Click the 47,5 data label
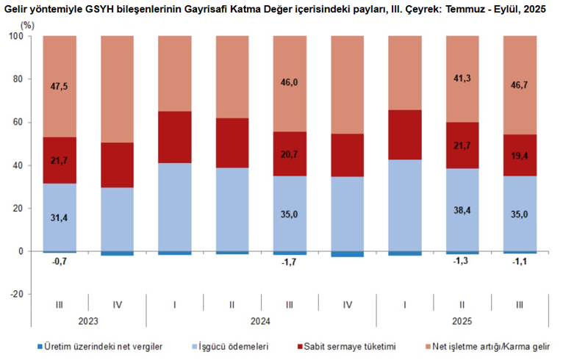(60, 85)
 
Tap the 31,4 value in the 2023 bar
(60, 217)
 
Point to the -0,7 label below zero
(60, 260)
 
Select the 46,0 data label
(290, 83)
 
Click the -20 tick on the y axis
(17, 294)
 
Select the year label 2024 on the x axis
(260, 320)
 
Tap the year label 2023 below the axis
(88, 320)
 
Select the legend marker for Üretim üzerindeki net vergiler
(40, 345)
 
